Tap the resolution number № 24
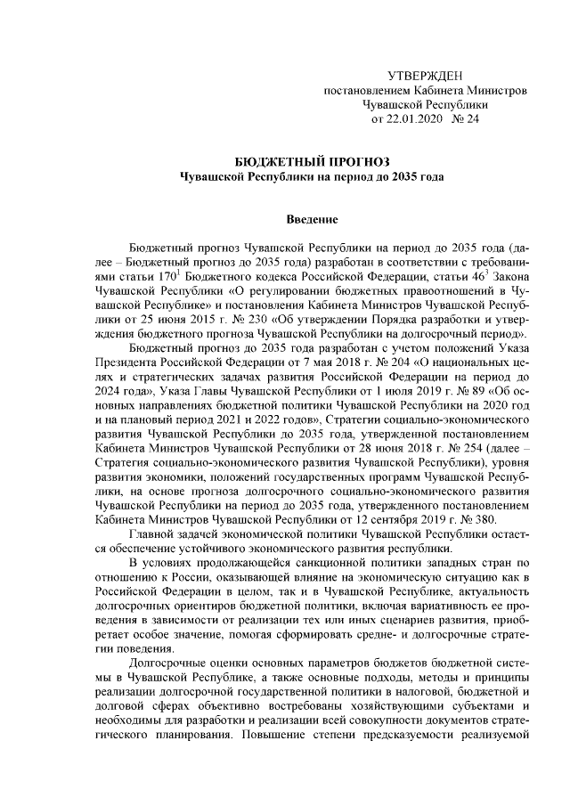(x=466, y=118)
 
